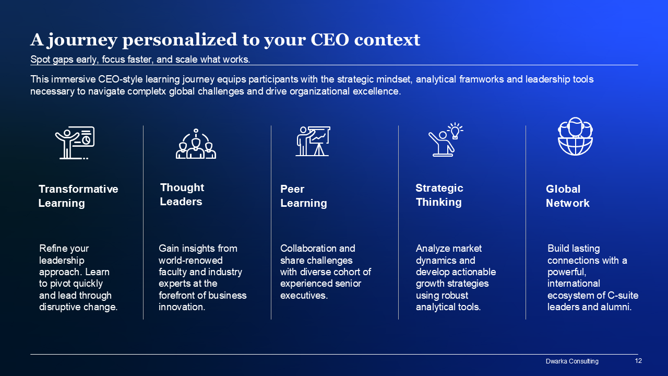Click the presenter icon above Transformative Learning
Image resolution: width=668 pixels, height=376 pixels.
75,143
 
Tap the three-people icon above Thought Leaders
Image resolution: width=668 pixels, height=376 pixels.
196,144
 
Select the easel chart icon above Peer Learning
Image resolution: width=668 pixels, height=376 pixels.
313,141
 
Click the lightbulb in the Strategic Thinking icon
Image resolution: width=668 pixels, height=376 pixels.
455,131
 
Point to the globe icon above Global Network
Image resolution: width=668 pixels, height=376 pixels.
575,136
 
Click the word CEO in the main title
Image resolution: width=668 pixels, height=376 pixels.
330,40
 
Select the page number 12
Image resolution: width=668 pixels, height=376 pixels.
638,361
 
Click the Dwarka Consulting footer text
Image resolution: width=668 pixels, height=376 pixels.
572,361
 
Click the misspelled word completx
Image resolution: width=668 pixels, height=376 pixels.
147,91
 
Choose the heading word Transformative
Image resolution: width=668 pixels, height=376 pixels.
78,189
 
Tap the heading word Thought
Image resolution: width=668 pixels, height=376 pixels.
182,187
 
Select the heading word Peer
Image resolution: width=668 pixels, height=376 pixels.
292,189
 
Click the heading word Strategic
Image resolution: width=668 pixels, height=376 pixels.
439,188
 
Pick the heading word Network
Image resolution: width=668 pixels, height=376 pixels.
567,203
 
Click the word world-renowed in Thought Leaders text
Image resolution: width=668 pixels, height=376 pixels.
190,260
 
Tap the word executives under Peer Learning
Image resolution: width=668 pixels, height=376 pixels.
304,295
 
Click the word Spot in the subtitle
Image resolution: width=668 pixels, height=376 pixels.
40,60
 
